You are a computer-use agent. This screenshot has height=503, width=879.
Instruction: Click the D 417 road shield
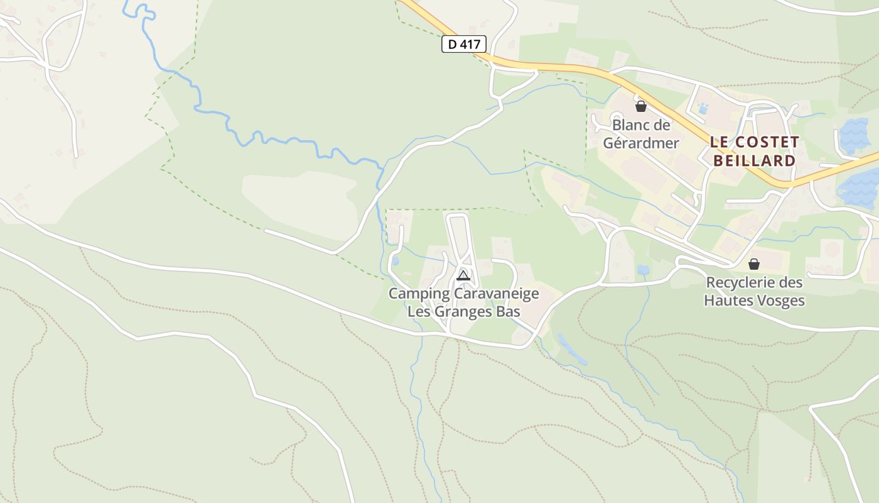click(x=464, y=44)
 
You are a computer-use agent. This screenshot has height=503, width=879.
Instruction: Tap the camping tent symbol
click(x=463, y=275)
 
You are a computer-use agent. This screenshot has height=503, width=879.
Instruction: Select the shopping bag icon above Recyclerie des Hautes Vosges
click(x=753, y=263)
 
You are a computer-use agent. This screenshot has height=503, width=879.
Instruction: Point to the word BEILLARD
click(x=754, y=160)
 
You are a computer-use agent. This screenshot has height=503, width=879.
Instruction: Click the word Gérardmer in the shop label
click(x=641, y=143)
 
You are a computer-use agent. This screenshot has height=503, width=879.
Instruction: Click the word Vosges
click(x=782, y=301)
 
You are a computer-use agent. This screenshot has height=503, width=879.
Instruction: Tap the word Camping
click(x=419, y=294)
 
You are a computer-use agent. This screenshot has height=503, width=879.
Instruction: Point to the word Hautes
click(x=730, y=301)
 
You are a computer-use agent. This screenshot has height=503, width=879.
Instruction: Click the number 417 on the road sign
click(x=470, y=44)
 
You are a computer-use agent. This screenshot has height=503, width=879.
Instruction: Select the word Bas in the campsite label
click(x=509, y=311)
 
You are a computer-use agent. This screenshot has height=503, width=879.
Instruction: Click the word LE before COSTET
click(x=720, y=142)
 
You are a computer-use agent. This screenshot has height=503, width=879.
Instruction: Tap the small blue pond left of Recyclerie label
click(x=643, y=270)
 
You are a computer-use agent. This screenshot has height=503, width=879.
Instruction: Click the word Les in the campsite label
click(x=419, y=311)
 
